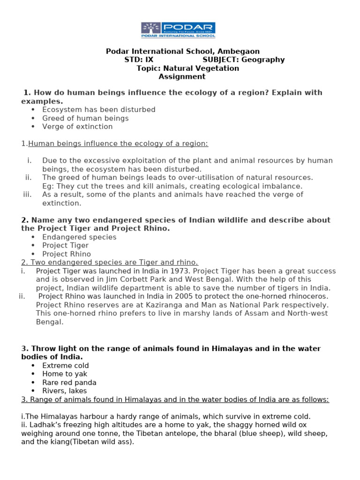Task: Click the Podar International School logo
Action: (179, 30)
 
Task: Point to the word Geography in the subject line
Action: (264, 60)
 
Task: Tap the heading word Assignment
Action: (182, 77)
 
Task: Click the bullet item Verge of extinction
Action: (77, 127)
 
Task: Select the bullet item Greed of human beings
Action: (85, 118)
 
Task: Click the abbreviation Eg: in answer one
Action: (48, 186)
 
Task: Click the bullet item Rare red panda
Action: (69, 382)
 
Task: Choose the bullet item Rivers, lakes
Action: (64, 391)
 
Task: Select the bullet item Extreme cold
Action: (66, 366)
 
